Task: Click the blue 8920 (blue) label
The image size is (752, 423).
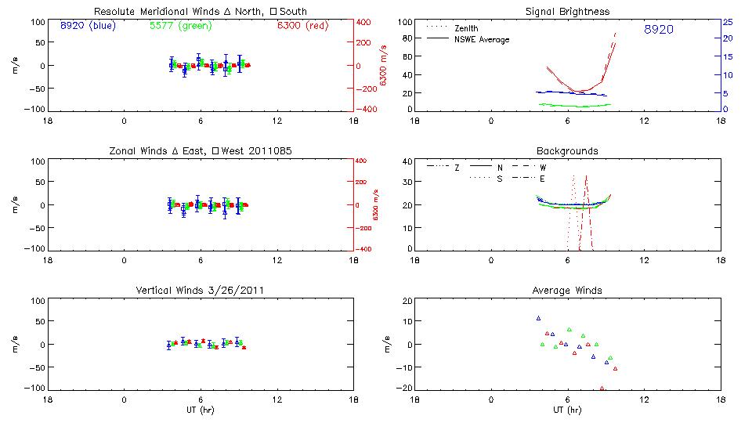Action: (87, 25)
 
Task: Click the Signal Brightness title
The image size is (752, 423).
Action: (567, 12)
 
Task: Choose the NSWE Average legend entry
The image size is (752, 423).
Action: (478, 39)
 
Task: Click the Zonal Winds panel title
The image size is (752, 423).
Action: (200, 150)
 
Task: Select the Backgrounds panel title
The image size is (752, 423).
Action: (567, 150)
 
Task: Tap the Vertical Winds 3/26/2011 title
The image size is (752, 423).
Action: (200, 291)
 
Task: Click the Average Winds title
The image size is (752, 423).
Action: (567, 291)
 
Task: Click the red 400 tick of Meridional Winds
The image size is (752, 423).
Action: (364, 22)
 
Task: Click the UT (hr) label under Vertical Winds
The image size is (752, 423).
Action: (200, 409)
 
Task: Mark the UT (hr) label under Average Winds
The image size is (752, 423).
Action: (567, 409)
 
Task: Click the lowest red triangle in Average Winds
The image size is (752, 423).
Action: (602, 388)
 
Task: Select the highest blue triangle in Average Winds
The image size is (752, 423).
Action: (538, 318)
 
